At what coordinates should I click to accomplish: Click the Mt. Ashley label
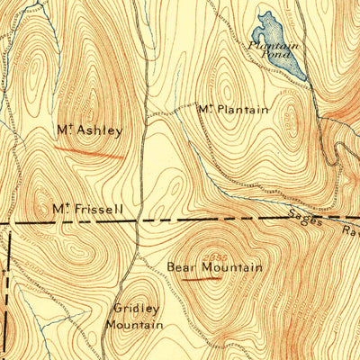(x=88, y=130)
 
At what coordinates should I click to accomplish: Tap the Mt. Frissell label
(x=86, y=209)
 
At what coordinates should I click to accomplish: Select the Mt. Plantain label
(x=232, y=110)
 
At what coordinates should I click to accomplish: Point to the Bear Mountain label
(x=214, y=267)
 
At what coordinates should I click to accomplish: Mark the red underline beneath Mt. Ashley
(x=95, y=152)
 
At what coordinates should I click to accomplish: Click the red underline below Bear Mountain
(x=202, y=278)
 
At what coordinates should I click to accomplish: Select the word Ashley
(x=99, y=130)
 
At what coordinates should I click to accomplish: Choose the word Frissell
(x=99, y=209)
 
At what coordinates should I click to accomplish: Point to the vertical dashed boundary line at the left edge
(x=10, y=288)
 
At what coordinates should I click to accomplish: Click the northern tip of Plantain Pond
(x=265, y=12)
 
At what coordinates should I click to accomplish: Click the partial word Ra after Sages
(x=346, y=231)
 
